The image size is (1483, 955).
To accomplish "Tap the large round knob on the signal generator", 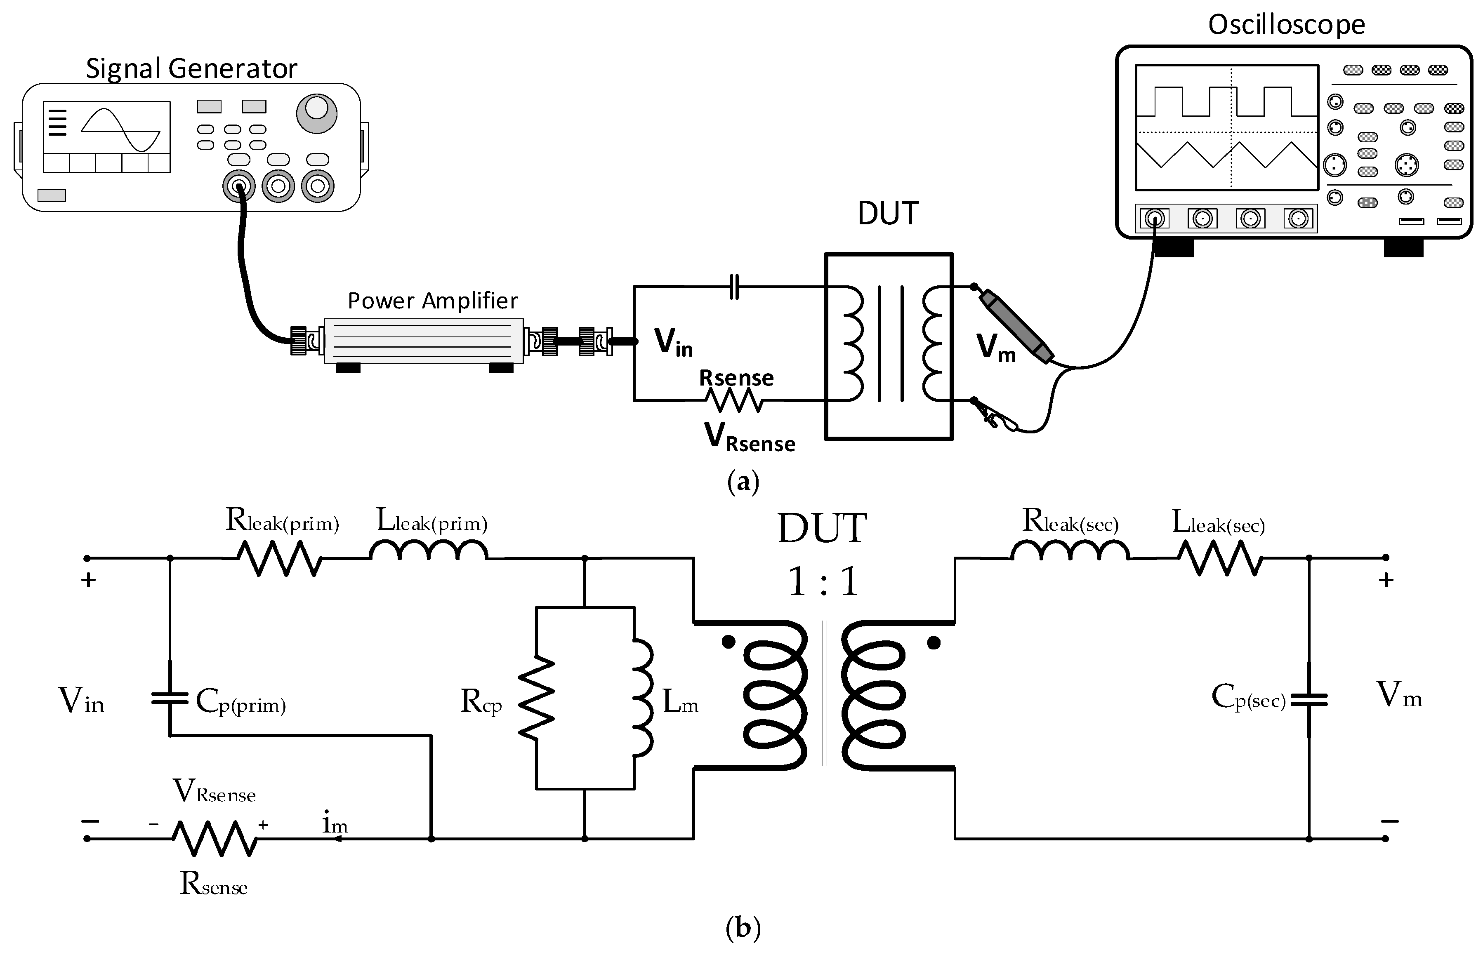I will (x=316, y=113).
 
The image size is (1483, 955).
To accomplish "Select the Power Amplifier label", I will (x=432, y=301).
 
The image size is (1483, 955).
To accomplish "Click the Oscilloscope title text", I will (x=1286, y=25).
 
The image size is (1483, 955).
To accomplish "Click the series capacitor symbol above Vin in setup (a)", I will (x=734, y=287).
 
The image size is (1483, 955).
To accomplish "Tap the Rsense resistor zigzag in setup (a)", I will (x=736, y=401).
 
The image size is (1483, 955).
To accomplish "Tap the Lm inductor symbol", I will (x=643, y=698).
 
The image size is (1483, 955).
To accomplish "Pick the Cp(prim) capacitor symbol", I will (x=169, y=699).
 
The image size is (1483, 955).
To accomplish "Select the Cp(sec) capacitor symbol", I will (x=1309, y=699).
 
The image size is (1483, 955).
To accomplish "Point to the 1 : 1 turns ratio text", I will (x=823, y=582).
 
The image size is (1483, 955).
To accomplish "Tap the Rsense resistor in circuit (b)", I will (x=215, y=838).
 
